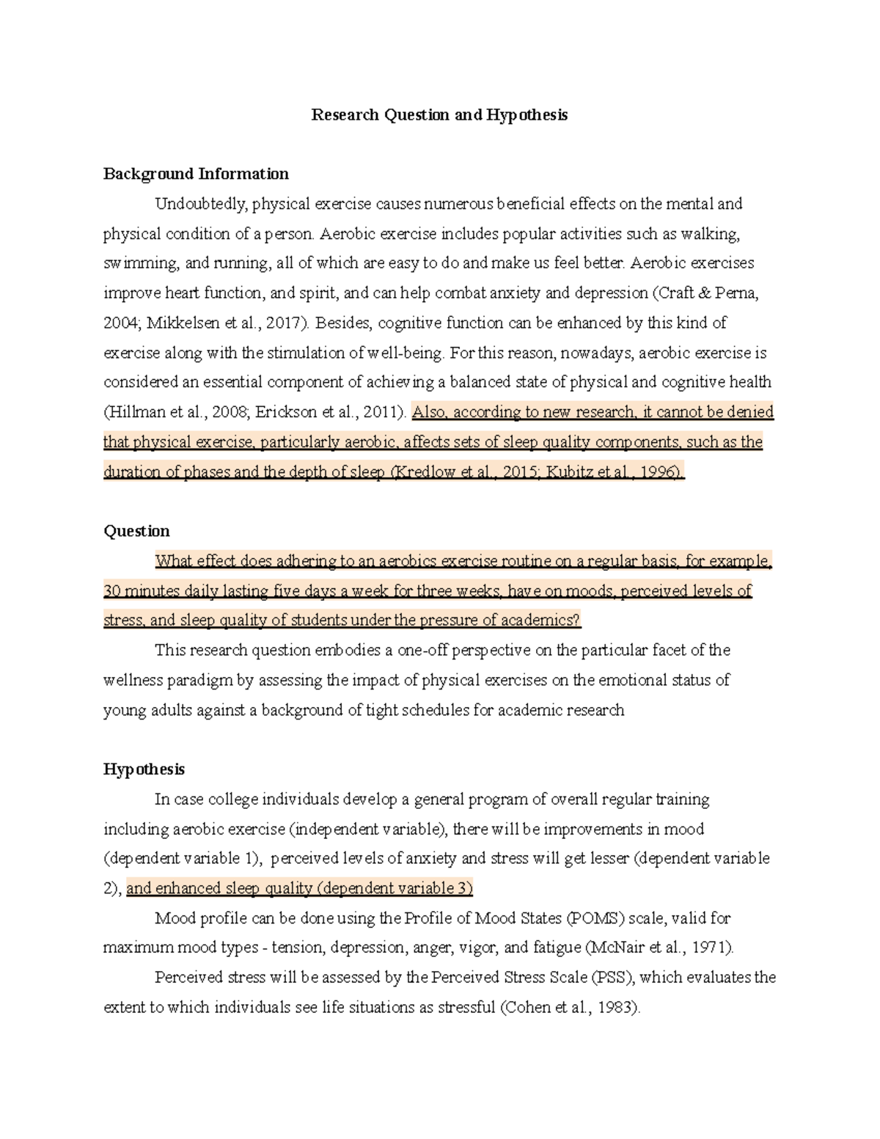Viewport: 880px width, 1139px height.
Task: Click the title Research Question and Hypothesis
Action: tap(439, 115)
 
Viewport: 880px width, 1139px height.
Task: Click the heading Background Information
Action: tap(196, 174)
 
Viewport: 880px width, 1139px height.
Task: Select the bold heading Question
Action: tap(136, 531)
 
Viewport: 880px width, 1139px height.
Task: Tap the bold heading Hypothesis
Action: tap(144, 769)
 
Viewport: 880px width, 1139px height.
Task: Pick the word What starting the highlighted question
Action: tap(173, 562)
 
